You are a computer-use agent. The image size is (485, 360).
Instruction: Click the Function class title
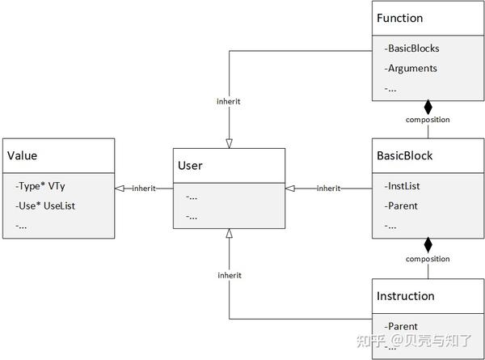pos(400,18)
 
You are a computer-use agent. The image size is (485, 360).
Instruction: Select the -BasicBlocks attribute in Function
pos(413,48)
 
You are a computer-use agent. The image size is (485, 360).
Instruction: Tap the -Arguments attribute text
pos(411,68)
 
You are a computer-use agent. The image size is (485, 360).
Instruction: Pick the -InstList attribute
pos(403,186)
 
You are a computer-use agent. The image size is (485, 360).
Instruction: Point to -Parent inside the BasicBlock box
pos(402,205)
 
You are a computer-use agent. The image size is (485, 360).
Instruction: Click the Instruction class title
pos(406,296)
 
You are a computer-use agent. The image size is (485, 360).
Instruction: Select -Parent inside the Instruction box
pos(402,326)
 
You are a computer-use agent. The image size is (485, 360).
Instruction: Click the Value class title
pos(23,155)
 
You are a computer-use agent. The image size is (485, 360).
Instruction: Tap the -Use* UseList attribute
pos(45,205)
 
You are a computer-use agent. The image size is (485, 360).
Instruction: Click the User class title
pos(191,165)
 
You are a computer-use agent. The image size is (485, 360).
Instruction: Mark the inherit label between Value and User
pos(144,189)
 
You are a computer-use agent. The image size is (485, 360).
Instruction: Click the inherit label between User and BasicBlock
pos(328,188)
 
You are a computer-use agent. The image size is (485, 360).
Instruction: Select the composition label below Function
pos(428,120)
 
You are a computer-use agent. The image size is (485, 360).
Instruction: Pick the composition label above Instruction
pos(428,259)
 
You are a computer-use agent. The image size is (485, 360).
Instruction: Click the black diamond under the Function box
pos(428,107)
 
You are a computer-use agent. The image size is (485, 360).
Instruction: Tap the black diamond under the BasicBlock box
pos(428,244)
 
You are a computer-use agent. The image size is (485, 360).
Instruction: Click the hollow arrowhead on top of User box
pos(230,142)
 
